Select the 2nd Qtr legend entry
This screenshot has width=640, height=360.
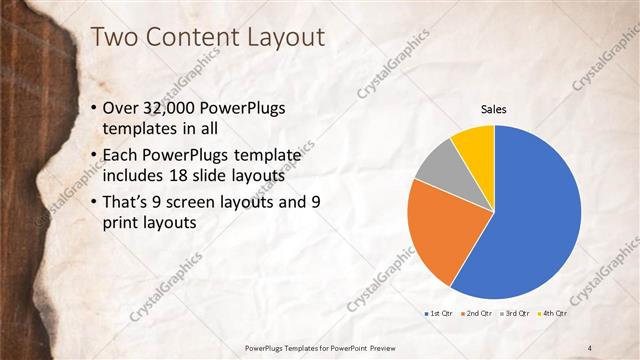(x=477, y=315)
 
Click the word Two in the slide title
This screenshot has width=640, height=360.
(x=113, y=38)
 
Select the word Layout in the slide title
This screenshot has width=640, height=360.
(x=284, y=38)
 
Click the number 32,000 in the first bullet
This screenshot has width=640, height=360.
(x=176, y=108)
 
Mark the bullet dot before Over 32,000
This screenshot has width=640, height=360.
(x=94, y=108)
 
